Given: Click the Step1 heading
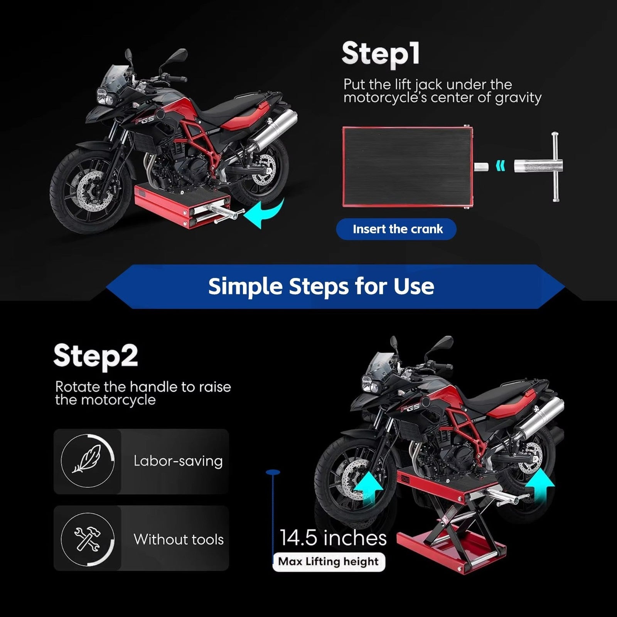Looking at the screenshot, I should (x=380, y=54).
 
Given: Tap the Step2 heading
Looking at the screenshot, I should (x=96, y=356).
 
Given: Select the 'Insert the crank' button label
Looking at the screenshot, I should (x=398, y=229).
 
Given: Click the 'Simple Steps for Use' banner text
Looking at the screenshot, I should (x=321, y=286).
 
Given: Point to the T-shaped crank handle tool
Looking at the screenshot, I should (x=540, y=167).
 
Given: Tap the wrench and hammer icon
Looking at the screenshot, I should (x=88, y=538).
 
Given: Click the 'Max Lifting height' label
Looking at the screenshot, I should (x=328, y=561).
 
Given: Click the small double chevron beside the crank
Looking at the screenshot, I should (x=500, y=166).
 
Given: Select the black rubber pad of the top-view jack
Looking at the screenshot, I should (x=407, y=166).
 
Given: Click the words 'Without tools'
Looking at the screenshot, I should (x=179, y=539).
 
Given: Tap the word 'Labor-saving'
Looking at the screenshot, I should (x=178, y=461).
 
